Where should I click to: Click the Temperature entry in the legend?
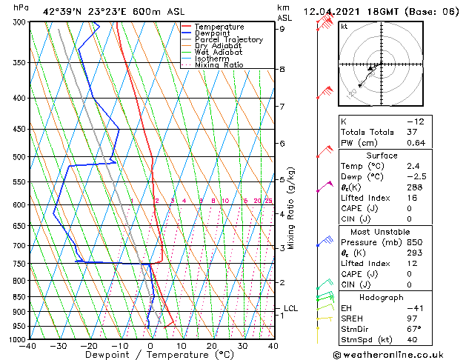tap(219, 27)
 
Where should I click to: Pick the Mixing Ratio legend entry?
tap(219, 65)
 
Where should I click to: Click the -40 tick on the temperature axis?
tap(29, 346)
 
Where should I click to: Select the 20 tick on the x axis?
tap(212, 346)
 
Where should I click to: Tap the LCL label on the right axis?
tap(291, 308)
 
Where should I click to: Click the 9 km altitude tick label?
tap(282, 29)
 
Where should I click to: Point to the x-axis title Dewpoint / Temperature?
tap(150, 355)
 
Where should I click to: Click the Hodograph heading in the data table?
tap(382, 297)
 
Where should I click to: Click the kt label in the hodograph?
tap(344, 26)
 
